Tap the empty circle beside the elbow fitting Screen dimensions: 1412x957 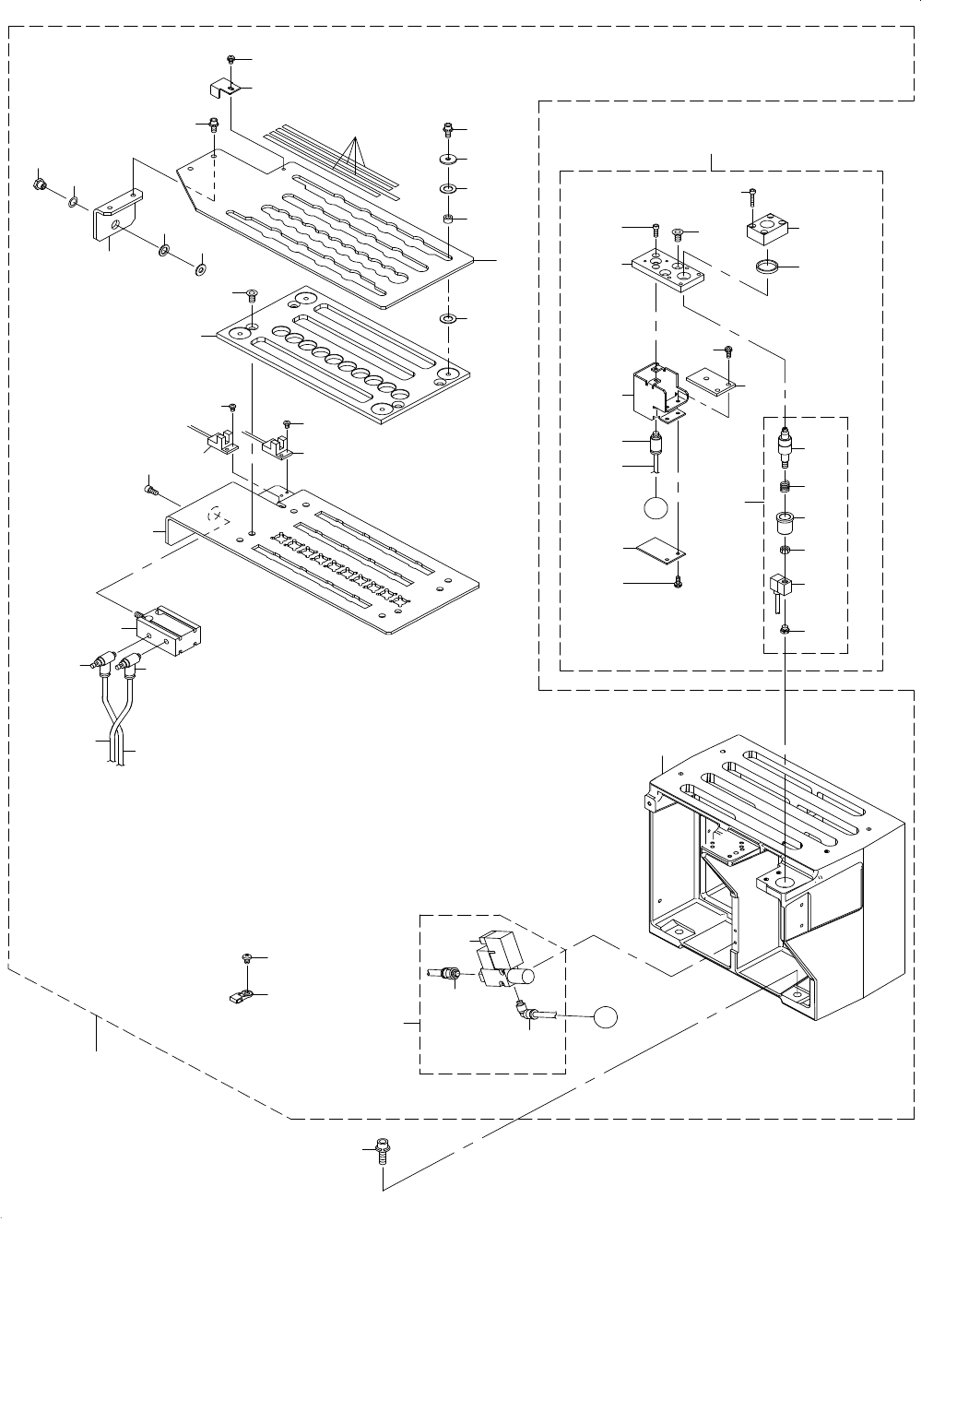[604, 1016]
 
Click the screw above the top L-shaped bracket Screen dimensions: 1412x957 [230, 59]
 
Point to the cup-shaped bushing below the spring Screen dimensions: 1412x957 [784, 522]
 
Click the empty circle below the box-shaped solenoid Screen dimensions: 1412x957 [656, 508]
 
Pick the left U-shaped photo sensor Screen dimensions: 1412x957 [220, 444]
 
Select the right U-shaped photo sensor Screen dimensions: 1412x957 [276, 448]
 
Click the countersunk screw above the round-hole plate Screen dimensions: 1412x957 [251, 295]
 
